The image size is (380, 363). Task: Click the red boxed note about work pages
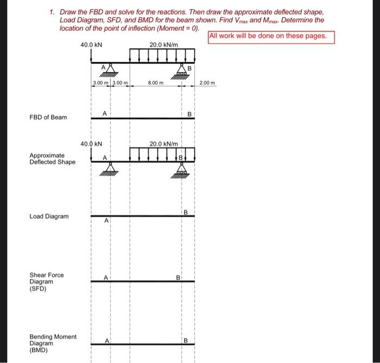pos(271,36)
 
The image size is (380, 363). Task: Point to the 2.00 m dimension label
pos(207,83)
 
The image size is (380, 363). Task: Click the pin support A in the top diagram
pos(110,70)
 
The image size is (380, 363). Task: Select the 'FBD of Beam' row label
pos(49,117)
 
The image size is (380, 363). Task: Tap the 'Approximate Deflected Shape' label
pos(52,158)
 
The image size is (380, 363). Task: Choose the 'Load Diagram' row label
pos(49,216)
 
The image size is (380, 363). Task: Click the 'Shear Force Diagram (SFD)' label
pos(46,282)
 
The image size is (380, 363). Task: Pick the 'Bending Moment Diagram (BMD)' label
pos(53,343)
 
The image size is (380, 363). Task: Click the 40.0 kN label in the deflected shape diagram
pos(91,144)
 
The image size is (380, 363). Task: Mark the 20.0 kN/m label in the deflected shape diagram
pos(163,144)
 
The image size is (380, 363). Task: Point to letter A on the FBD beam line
pos(106,112)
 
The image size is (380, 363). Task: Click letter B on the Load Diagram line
pos(185,212)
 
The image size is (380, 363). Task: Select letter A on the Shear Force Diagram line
pos(107,277)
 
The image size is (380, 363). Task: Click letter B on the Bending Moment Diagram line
pos(185,341)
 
